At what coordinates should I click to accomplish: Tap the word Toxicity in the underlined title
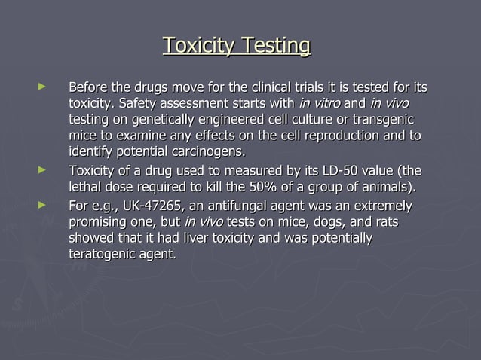click(198, 46)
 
